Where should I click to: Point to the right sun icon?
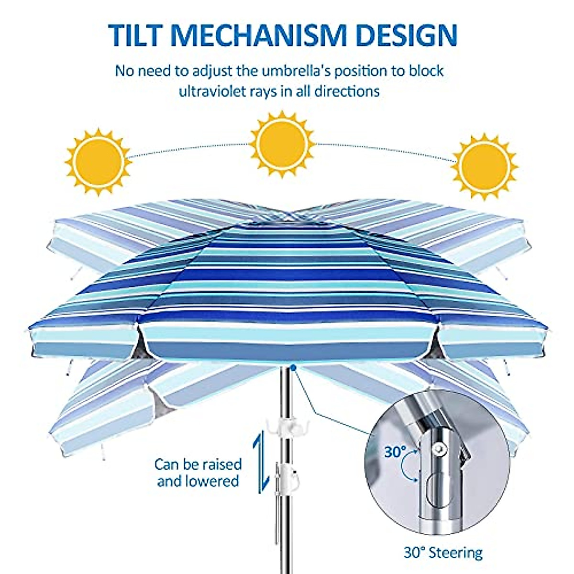click(484, 165)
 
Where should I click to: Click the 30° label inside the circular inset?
click(395, 452)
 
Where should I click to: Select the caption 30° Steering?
click(443, 553)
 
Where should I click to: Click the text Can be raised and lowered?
click(198, 472)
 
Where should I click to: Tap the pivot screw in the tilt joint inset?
click(439, 447)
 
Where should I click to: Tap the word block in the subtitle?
click(425, 71)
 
